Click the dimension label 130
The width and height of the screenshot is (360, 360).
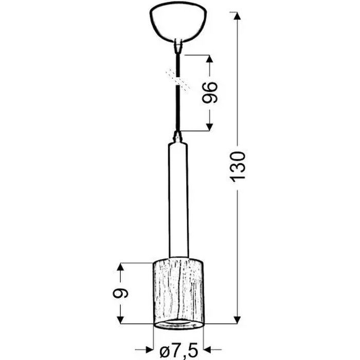[x=238, y=166]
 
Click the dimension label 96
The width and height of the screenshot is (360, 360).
[x=210, y=92]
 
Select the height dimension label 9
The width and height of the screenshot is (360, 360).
[x=121, y=293]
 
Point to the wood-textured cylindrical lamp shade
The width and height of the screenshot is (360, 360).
[x=178, y=291]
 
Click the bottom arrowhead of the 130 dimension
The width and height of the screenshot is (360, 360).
[x=238, y=319]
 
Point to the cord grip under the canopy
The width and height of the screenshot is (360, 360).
[x=178, y=46]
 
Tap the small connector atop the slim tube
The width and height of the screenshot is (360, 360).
[x=178, y=137]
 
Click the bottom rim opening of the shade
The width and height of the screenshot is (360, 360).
[x=178, y=323]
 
